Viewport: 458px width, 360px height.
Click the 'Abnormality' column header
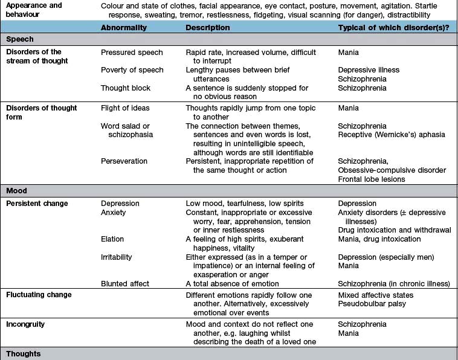click(x=124, y=27)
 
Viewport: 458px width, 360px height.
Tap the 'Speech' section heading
click(x=20, y=39)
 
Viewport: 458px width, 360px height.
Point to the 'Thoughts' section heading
click(x=24, y=353)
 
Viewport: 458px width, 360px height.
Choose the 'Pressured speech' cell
click(x=131, y=53)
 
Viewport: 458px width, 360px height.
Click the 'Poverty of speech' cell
click(x=132, y=70)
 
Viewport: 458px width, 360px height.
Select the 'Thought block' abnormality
click(x=126, y=88)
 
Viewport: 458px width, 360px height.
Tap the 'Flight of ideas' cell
click(x=125, y=108)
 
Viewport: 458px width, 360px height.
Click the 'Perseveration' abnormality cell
click(x=125, y=161)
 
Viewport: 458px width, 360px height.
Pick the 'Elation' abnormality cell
click(x=112, y=239)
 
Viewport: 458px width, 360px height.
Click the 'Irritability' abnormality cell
click(x=117, y=257)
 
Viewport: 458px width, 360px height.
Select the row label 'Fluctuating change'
click(x=39, y=295)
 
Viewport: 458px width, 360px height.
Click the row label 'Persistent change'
click(x=37, y=204)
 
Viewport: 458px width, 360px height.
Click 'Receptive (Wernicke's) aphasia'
click(x=392, y=135)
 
